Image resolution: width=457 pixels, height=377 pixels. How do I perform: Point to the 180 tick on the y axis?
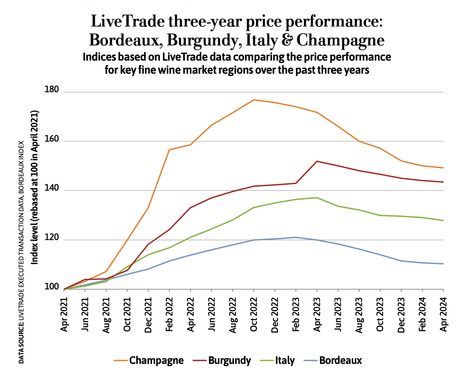point(52,89)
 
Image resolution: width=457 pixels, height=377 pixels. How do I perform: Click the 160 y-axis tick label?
point(52,139)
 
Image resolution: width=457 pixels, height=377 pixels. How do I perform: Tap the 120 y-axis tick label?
point(52,238)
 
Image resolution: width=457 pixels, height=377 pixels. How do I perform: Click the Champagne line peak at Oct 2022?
point(254,100)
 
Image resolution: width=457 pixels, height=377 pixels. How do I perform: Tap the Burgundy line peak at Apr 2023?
point(317,161)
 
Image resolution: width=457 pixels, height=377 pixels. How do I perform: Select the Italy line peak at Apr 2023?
point(317,198)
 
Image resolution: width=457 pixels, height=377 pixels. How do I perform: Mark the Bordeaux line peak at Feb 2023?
point(296,237)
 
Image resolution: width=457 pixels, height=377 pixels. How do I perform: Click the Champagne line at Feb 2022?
point(169,150)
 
